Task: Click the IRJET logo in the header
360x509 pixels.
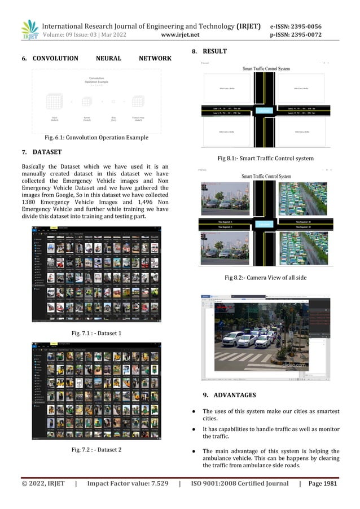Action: (29, 29)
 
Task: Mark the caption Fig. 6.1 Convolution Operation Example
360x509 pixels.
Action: (92, 137)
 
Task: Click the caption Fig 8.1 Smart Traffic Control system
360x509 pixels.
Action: (265, 158)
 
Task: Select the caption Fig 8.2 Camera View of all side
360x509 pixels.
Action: (265, 278)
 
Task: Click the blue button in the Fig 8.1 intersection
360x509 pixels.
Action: (265, 110)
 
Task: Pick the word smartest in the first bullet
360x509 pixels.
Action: (326, 411)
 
